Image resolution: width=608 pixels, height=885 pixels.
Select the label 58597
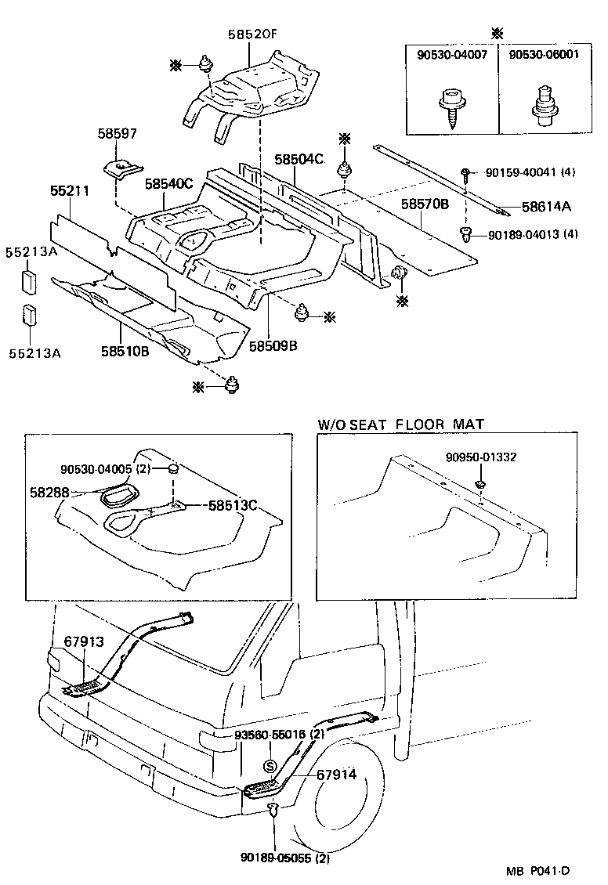click(x=118, y=134)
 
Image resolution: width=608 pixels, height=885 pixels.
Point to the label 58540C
click(x=168, y=184)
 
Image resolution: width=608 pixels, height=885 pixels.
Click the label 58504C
click(x=299, y=159)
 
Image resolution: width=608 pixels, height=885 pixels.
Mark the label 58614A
click(x=547, y=207)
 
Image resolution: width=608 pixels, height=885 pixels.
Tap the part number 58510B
click(x=124, y=352)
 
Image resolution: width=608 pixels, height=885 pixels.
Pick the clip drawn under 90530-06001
click(x=541, y=108)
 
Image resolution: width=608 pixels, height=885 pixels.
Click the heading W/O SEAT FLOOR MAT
click(x=400, y=424)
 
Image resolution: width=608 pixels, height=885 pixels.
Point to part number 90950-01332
click(x=481, y=457)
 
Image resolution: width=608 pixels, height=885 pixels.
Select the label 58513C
click(x=233, y=505)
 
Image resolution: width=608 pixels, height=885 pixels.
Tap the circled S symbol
click(x=269, y=766)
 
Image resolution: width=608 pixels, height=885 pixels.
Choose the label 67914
click(x=336, y=775)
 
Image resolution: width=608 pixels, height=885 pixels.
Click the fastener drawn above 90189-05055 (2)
click(x=272, y=811)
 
